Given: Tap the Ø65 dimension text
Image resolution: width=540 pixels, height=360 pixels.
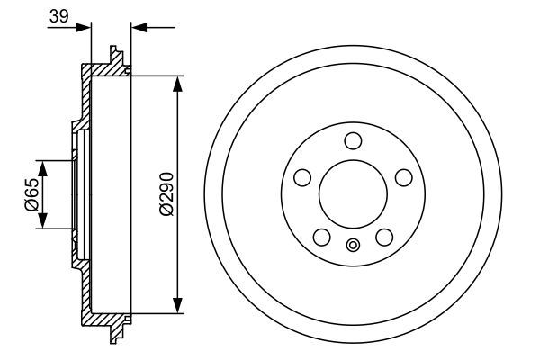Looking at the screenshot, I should point(31,194).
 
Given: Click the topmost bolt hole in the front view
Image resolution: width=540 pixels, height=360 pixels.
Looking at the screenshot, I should point(353,139).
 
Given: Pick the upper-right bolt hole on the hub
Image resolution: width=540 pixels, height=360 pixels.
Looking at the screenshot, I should point(404,176).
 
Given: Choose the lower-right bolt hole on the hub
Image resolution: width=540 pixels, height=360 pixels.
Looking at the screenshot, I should point(384,237).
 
